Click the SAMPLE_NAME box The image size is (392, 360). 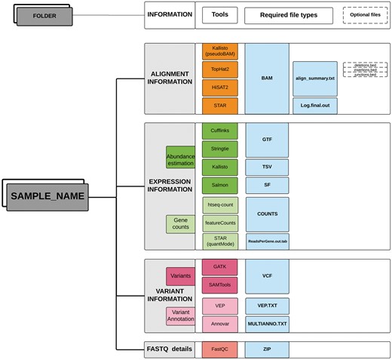47,196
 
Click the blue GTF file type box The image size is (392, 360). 267,140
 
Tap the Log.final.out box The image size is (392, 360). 314,106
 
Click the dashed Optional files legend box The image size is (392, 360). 365,14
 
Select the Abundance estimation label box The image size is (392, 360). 180,157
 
